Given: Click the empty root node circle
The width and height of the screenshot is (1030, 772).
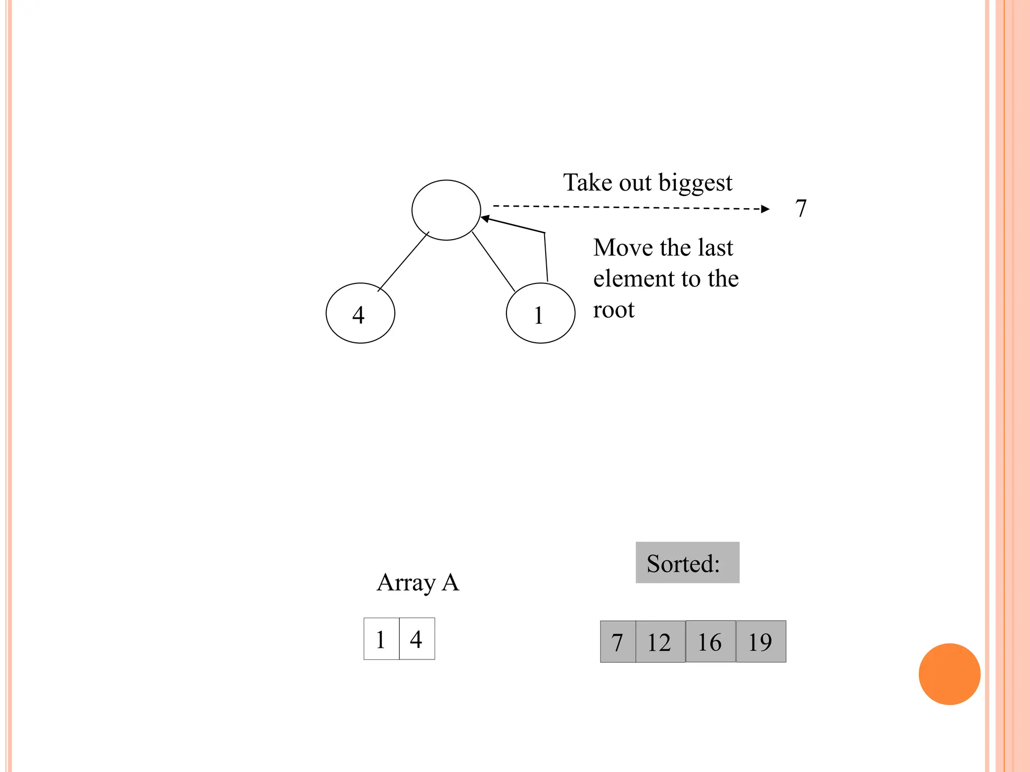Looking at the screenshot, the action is pyautogui.click(x=446, y=210).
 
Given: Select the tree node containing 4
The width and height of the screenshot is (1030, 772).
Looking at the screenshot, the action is pyautogui.click(x=360, y=313).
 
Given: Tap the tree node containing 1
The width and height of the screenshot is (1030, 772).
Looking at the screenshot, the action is pyautogui.click(x=540, y=313).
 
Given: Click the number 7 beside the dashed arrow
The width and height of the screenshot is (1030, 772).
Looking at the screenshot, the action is pyautogui.click(x=801, y=208).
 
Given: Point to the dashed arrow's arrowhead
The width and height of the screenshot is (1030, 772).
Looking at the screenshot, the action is pyautogui.click(x=765, y=209).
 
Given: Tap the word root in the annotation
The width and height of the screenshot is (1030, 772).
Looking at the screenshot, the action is pyautogui.click(x=614, y=310).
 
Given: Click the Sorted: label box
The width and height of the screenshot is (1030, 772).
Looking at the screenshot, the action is pyautogui.click(x=687, y=562).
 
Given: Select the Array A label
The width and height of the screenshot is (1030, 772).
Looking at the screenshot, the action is pyautogui.click(x=418, y=583).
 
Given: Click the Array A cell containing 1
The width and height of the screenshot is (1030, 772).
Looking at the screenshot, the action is pyautogui.click(x=381, y=639).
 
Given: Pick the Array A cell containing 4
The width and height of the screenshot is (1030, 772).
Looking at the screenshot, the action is pyautogui.click(x=417, y=639).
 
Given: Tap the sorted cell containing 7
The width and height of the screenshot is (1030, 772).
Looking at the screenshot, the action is pyautogui.click(x=618, y=642).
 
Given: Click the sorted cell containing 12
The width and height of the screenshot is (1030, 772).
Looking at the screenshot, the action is pyautogui.click(x=660, y=642).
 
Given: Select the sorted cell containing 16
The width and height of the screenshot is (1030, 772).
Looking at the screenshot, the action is pyautogui.click(x=710, y=641).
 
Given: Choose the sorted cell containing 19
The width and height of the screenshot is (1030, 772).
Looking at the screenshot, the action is pyautogui.click(x=760, y=641).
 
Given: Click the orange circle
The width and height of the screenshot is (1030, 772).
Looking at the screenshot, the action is pyautogui.click(x=949, y=674).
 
